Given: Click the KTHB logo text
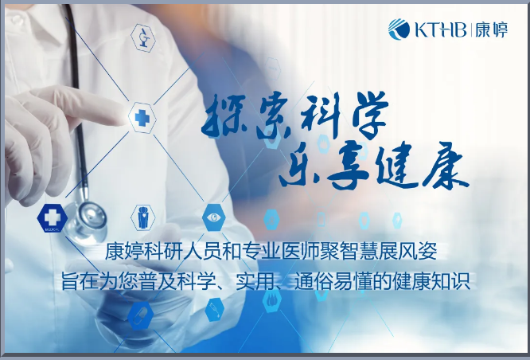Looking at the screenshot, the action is pos(441,29).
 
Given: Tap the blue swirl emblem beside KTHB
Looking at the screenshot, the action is pos(399,29).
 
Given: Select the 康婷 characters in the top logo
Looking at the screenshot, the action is pos(491,29).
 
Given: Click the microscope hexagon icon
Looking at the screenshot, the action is pos(143,37).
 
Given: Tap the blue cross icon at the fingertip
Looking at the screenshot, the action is pos(142,118).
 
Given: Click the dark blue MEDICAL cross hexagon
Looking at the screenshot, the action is pos(52,218).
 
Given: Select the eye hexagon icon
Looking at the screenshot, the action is pos(213,217).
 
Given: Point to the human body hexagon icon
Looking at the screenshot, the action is pos(143,217).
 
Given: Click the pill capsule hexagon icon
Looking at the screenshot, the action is pos(140,315).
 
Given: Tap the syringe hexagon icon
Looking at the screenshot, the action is pos(215,310).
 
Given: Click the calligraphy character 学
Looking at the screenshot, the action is pos(369,115).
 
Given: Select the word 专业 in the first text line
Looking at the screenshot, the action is pos(261,252).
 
